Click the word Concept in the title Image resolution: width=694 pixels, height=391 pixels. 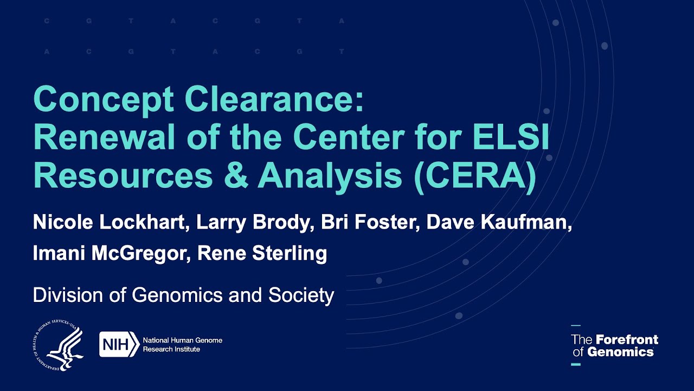104,100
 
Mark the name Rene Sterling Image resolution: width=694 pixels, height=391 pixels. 262,253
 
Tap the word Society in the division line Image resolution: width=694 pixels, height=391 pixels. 301,295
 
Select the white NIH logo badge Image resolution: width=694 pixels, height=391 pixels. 119,344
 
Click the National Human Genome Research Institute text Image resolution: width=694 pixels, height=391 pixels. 182,344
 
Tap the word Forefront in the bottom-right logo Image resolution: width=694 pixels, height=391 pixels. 627,340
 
